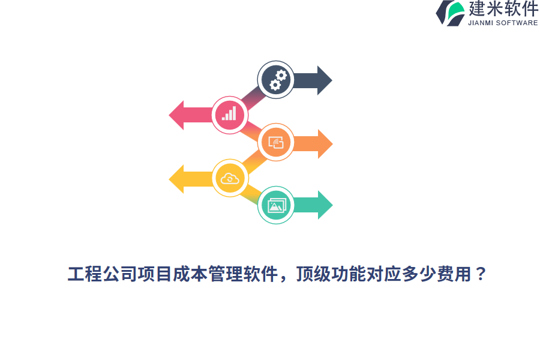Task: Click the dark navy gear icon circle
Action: tap(276, 80)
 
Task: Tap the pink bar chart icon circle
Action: tap(230, 115)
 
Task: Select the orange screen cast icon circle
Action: tap(276, 143)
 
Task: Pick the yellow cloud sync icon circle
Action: tap(230, 178)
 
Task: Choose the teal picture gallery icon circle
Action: tap(276, 206)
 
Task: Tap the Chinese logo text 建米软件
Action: tap(503, 9)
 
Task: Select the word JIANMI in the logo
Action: tap(482, 23)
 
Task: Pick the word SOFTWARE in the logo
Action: tap(518, 23)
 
